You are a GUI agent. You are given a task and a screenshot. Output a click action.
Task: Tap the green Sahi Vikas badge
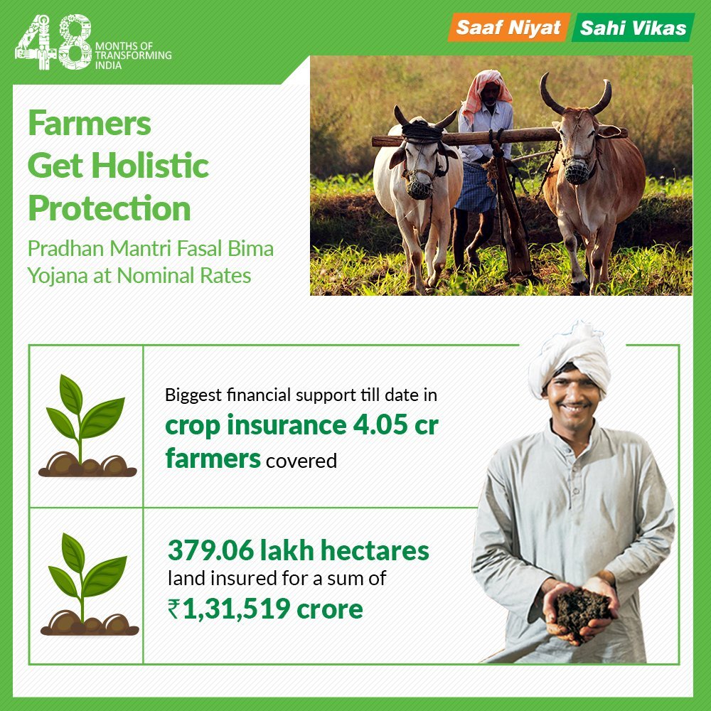(633, 28)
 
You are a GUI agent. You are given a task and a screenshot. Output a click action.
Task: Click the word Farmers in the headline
(90, 124)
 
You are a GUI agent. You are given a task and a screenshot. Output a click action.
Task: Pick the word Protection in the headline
(109, 209)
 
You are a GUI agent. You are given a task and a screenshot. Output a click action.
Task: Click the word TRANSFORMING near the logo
(132, 55)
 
